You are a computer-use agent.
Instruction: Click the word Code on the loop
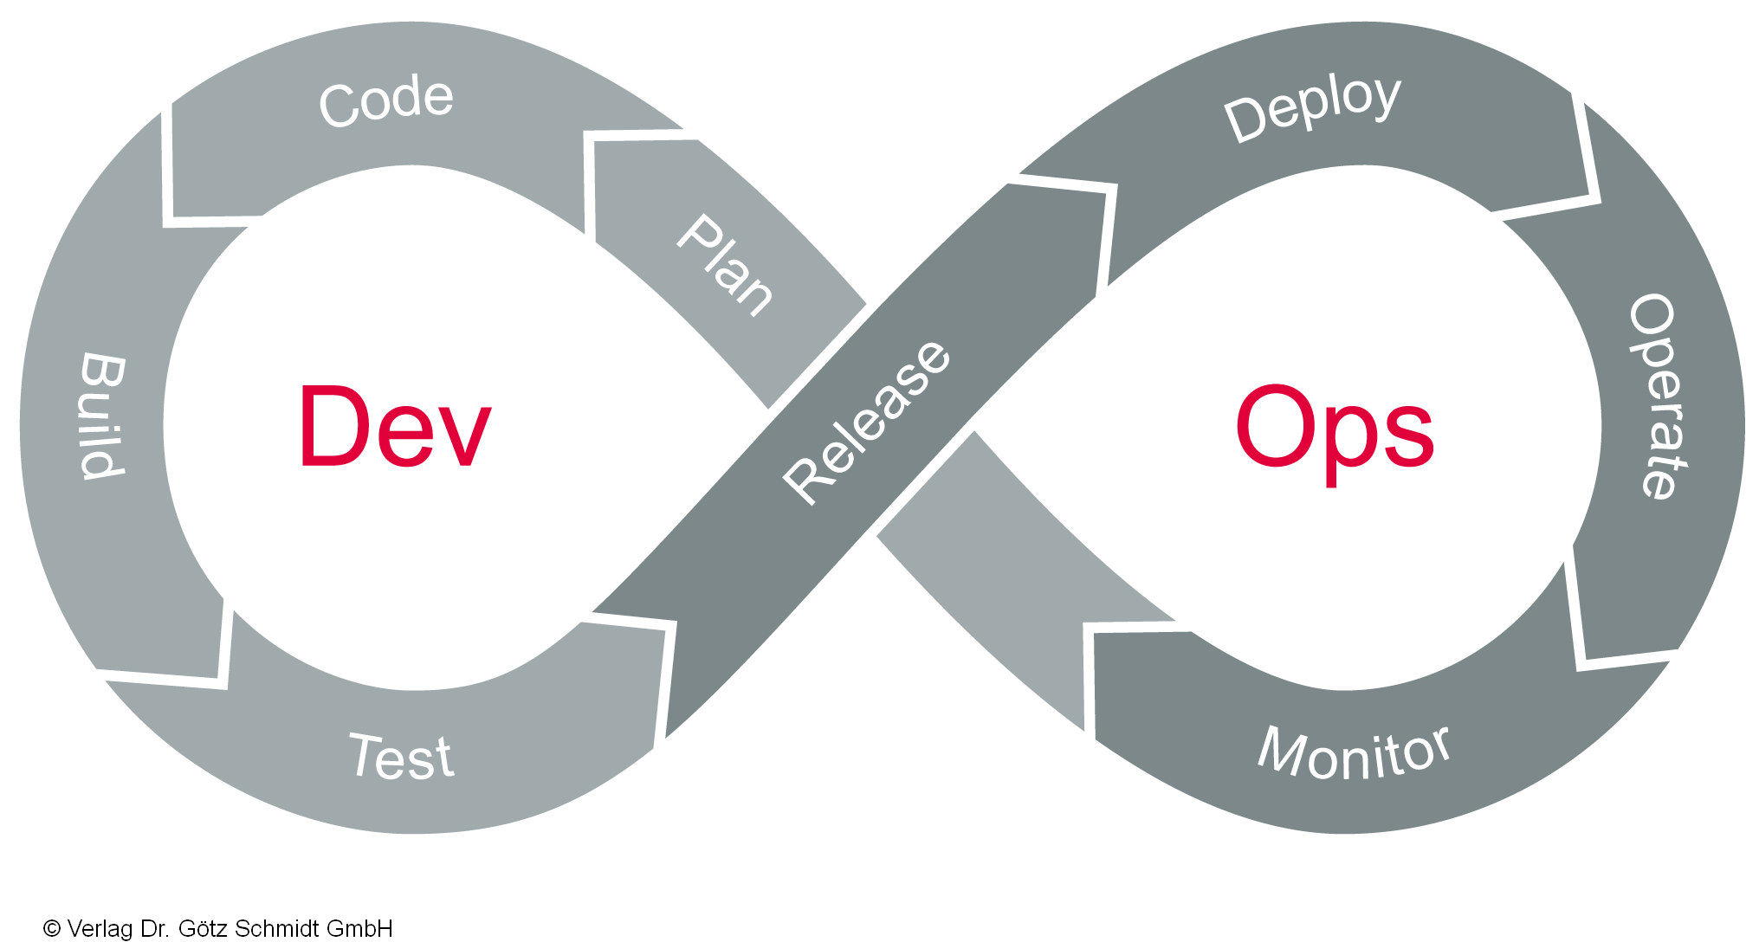point(386,100)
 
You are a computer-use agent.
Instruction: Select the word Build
point(103,415)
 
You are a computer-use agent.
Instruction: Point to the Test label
point(401,757)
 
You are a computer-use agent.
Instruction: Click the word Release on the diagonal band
point(867,422)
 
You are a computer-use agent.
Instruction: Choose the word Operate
point(1658,397)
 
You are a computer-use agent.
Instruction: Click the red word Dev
point(395,427)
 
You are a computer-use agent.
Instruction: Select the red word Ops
point(1334,429)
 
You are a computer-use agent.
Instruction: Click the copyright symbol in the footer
point(52,929)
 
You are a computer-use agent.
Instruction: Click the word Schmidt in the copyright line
point(275,929)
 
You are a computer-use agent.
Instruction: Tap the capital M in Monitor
point(1280,750)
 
